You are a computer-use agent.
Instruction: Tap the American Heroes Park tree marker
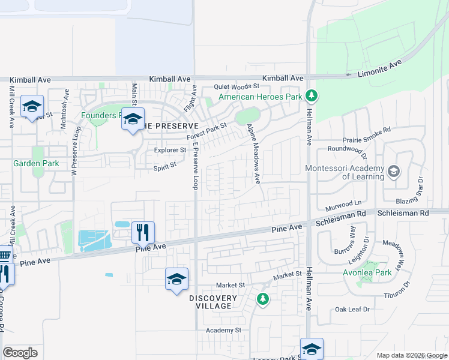(x=311, y=95)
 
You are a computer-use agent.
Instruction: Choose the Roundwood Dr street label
(x=348, y=148)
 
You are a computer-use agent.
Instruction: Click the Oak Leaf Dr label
(x=352, y=310)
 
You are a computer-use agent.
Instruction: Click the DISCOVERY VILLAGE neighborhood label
(x=210, y=302)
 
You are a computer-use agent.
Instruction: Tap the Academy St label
(x=223, y=330)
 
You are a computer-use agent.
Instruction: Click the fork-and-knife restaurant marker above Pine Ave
(x=143, y=232)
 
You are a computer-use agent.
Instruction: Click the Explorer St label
(x=170, y=150)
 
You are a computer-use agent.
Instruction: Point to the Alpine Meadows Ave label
(x=254, y=154)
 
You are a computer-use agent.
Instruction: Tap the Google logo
(x=20, y=353)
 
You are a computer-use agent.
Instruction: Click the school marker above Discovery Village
(x=176, y=279)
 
